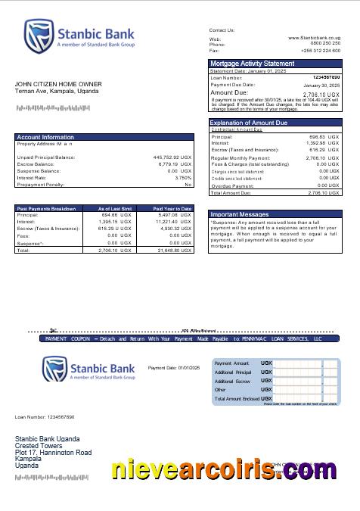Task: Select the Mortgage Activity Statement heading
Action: (x=252, y=64)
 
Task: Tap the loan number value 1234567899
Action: (x=326, y=77)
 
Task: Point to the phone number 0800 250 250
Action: (x=325, y=44)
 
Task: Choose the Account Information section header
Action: (x=45, y=137)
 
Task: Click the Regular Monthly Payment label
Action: (x=241, y=157)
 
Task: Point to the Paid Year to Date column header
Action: (x=172, y=208)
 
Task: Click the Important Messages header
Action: (x=239, y=214)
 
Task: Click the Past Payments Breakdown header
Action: (x=46, y=208)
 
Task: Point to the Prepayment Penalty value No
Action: (x=188, y=184)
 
